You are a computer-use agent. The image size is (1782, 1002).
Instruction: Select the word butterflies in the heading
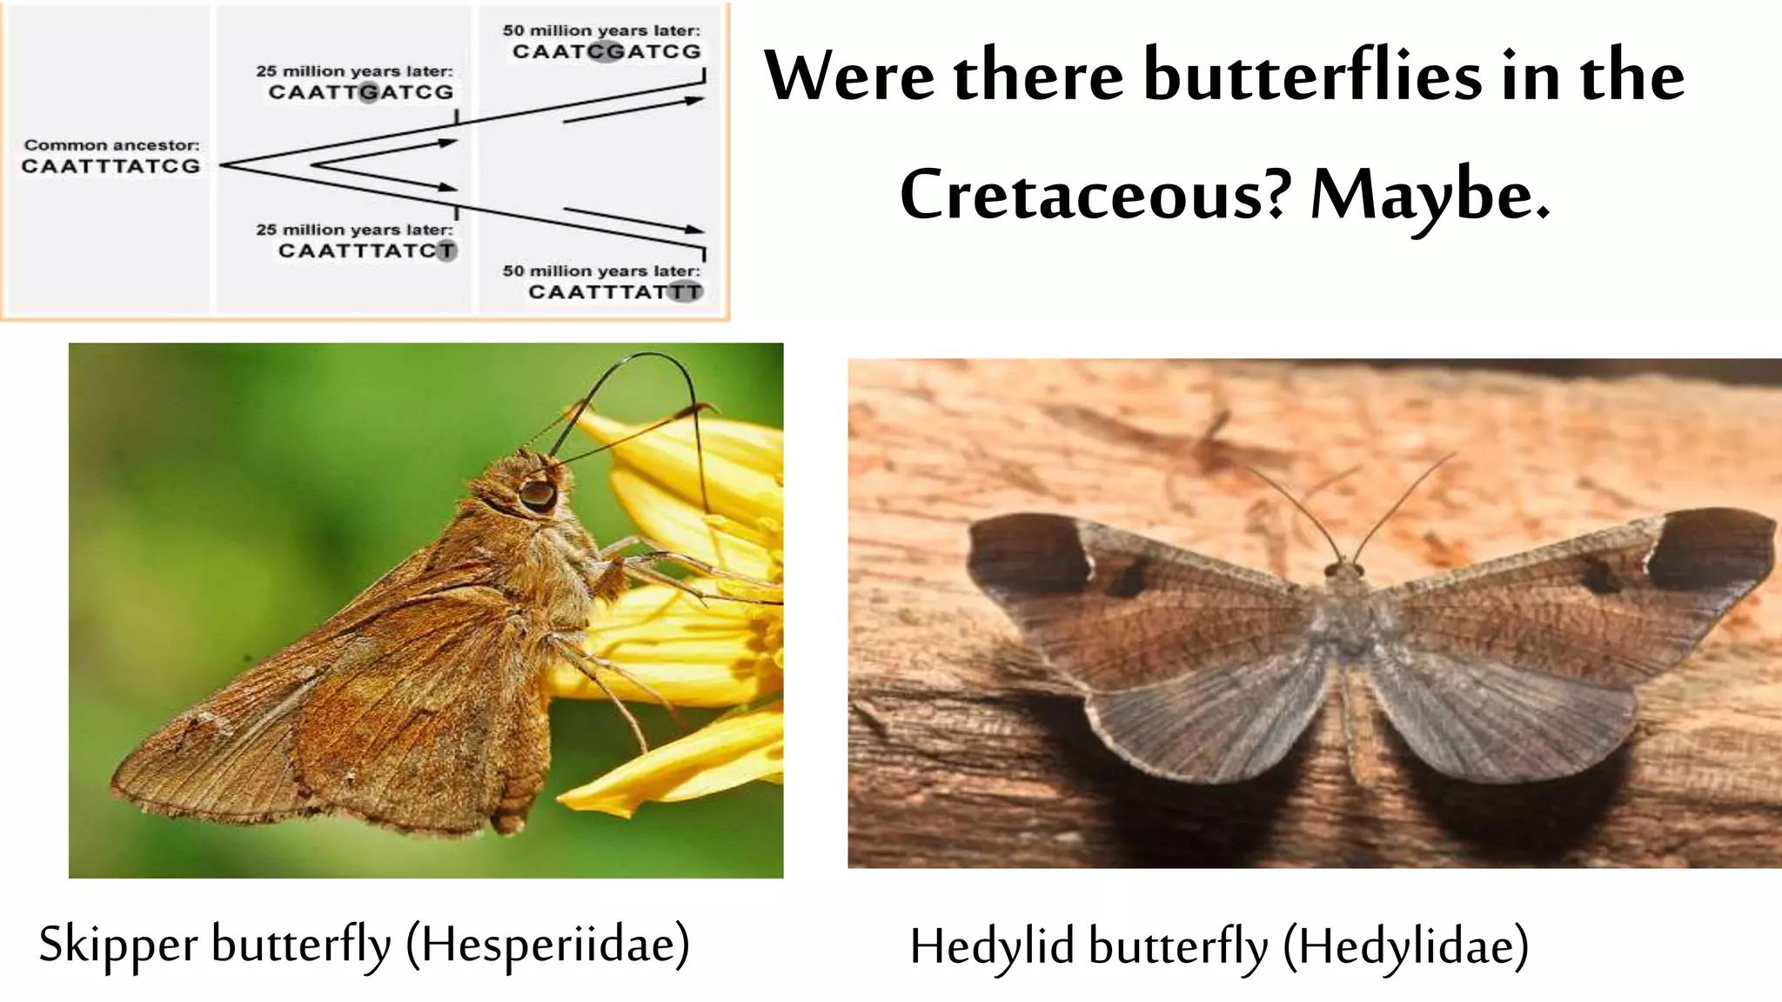pyautogui.click(x=1311, y=77)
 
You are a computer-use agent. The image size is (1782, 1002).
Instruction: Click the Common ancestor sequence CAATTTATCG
pyautogui.click(x=111, y=166)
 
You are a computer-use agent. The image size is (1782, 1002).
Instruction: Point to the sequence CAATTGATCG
pyautogui.click(x=360, y=92)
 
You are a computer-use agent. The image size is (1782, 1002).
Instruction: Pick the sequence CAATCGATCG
pyautogui.click(x=606, y=51)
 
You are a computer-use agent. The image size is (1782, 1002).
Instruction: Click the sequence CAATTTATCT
pyautogui.click(x=366, y=251)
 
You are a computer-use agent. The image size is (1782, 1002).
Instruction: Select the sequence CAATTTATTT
pyautogui.click(x=614, y=292)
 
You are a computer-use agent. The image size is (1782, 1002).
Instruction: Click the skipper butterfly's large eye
pyautogui.click(x=538, y=494)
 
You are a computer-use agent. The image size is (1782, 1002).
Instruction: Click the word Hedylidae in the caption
pyautogui.click(x=1406, y=947)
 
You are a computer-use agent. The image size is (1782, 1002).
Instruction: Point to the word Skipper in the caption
pyautogui.click(x=118, y=945)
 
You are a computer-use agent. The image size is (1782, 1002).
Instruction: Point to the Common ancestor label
pyautogui.click(x=111, y=145)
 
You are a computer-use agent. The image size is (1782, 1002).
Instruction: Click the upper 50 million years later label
pyautogui.click(x=600, y=30)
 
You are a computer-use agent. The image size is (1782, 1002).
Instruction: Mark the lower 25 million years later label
pyautogui.click(x=354, y=230)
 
